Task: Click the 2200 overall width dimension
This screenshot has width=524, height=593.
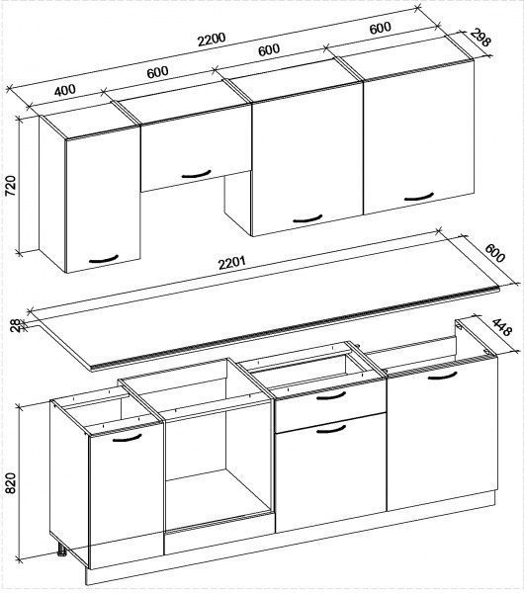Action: (212, 40)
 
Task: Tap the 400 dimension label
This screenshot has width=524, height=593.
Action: (65, 90)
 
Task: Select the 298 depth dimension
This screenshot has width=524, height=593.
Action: (480, 39)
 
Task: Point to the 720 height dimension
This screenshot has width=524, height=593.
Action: (11, 186)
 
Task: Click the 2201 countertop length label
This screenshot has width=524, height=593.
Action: (232, 263)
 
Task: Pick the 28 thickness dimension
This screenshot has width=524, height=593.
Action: (15, 325)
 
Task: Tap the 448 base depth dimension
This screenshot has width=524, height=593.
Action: (502, 327)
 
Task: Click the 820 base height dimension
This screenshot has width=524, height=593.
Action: (11, 483)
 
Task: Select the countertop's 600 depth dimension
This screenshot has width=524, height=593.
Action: (495, 254)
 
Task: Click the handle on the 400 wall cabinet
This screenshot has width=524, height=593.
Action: (103, 260)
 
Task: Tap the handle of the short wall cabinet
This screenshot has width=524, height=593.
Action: (196, 175)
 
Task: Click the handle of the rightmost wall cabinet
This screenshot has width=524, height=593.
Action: (418, 197)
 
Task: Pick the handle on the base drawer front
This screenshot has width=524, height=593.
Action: (331, 396)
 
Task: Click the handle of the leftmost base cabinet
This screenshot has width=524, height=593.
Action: (128, 438)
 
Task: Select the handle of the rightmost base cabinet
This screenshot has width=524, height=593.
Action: (443, 376)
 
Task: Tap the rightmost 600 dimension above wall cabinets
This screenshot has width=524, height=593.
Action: (381, 28)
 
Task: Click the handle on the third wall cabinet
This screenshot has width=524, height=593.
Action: (307, 219)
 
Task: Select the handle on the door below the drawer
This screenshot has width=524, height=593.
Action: (331, 429)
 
